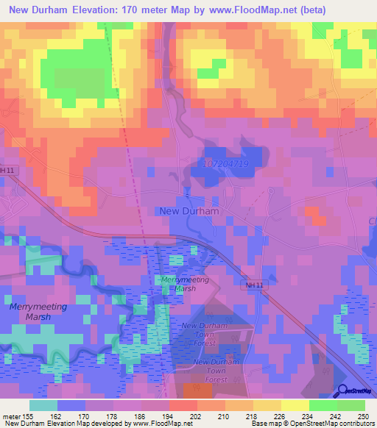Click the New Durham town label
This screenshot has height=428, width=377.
click(189, 211)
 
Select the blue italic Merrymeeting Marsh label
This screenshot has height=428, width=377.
click(38, 312)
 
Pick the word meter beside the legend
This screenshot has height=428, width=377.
click(12, 415)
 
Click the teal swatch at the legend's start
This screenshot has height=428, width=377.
click(43, 405)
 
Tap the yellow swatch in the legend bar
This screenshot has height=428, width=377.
click(295, 405)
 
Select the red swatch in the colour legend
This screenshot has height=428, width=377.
click(183, 405)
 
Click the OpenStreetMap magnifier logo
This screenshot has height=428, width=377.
click(344, 390)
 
